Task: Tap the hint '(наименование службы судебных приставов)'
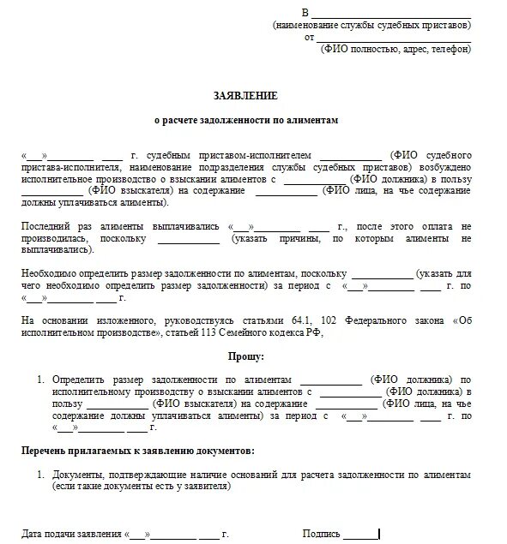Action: (372, 26)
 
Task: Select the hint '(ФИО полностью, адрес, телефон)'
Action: (396, 50)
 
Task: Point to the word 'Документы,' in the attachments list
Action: (76, 474)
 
